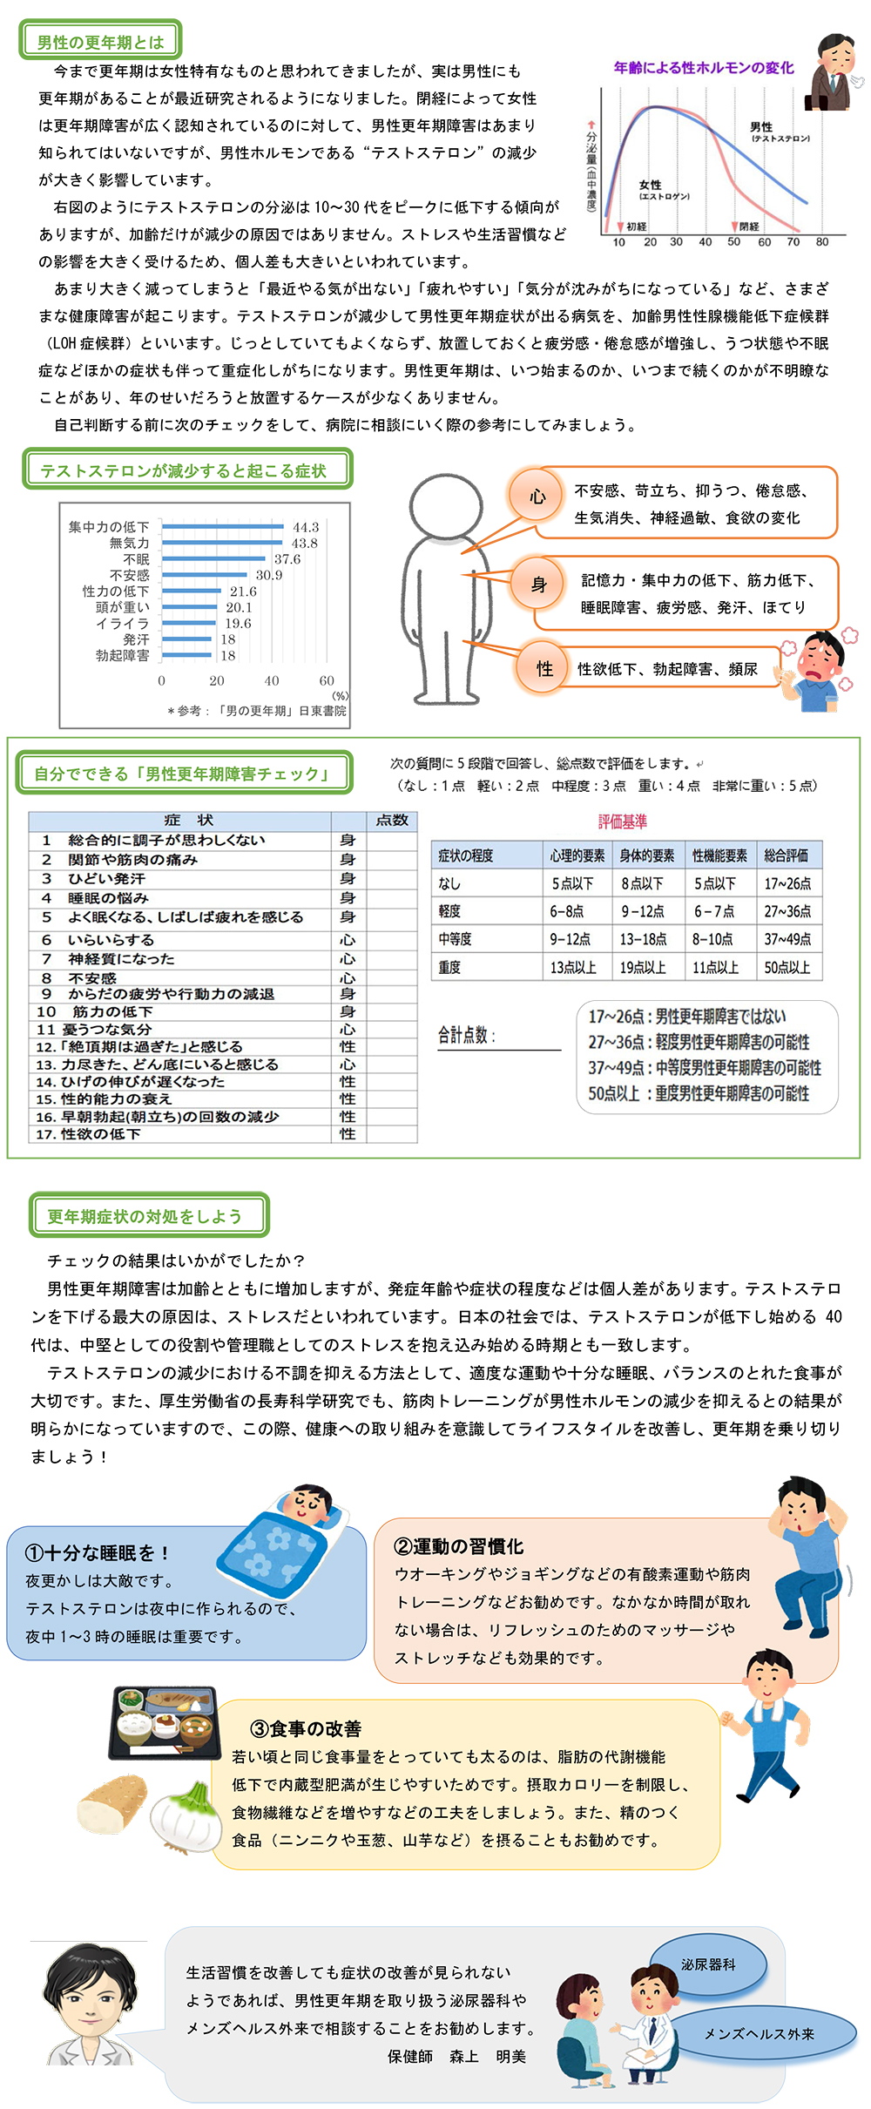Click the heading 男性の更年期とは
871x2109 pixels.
pyautogui.click(x=100, y=42)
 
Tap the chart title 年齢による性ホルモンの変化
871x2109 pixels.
pyautogui.click(x=703, y=68)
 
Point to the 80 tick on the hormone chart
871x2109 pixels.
pyautogui.click(x=821, y=242)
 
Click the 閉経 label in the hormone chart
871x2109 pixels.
pyautogui.click(x=749, y=226)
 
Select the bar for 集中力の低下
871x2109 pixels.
pyautogui.click(x=223, y=527)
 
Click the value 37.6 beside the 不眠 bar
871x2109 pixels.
pyautogui.click(x=287, y=559)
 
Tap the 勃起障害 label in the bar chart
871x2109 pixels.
pyautogui.click(x=123, y=655)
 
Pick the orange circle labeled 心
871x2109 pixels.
pyautogui.click(x=537, y=497)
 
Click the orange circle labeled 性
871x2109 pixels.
pyautogui.click(x=544, y=668)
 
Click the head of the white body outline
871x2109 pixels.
pyautogui.click(x=445, y=505)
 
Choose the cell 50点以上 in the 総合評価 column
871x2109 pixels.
pyautogui.click(x=787, y=967)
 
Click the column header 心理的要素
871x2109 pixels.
pyautogui.click(x=577, y=855)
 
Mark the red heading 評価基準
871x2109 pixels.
pyautogui.click(x=622, y=821)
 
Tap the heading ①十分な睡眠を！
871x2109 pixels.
pyautogui.click(x=97, y=1553)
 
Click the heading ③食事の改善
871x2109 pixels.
pyautogui.click(x=305, y=1729)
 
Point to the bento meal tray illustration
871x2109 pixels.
pyautogui.click(x=164, y=1722)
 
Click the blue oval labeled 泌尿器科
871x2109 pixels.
pyautogui.click(x=708, y=1964)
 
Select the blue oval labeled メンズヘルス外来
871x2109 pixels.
pyautogui.click(x=760, y=2034)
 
